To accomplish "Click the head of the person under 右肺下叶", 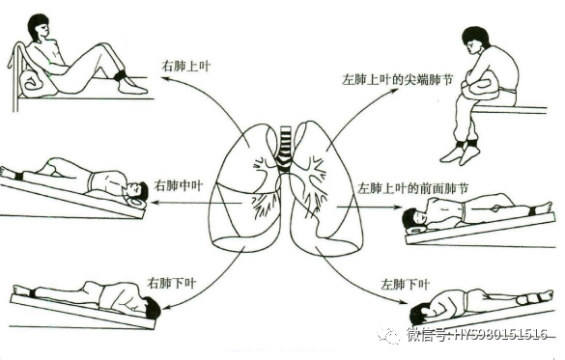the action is pos(150,310).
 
